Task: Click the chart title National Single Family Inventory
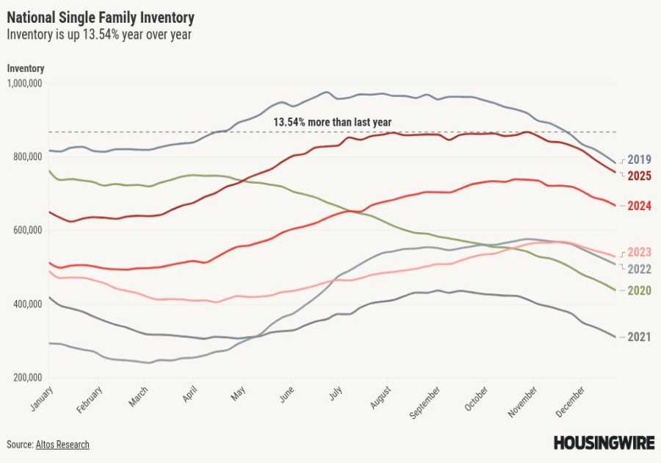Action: click(x=101, y=17)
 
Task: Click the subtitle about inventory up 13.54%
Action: click(x=99, y=34)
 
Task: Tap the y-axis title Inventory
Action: click(x=26, y=68)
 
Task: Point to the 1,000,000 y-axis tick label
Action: click(x=24, y=84)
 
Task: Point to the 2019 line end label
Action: click(x=640, y=159)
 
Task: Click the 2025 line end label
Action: click(x=640, y=176)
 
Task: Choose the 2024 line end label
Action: click(x=640, y=207)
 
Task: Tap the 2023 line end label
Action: click(x=640, y=252)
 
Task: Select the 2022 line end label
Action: click(x=640, y=268)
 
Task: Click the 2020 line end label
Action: click(x=640, y=291)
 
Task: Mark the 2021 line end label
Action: click(x=640, y=337)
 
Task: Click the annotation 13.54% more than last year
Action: click(x=332, y=122)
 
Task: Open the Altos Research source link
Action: click(x=62, y=445)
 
